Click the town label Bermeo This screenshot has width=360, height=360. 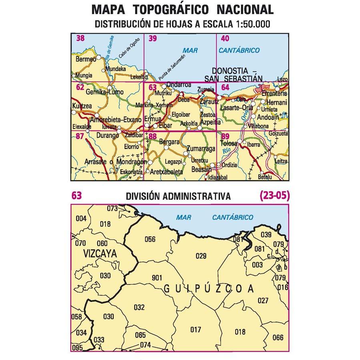(x=86, y=59)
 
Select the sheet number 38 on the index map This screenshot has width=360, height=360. (x=80, y=38)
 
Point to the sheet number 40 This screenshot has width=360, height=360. (x=225, y=38)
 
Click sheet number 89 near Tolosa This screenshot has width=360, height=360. (x=225, y=136)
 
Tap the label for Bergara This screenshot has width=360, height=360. (x=170, y=142)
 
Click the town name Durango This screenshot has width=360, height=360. (x=108, y=136)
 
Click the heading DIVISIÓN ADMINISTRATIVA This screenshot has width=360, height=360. (x=178, y=196)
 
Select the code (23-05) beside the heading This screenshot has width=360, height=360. (x=274, y=196)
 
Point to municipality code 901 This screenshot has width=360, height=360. (x=157, y=278)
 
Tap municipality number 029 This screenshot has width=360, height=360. (x=201, y=256)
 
